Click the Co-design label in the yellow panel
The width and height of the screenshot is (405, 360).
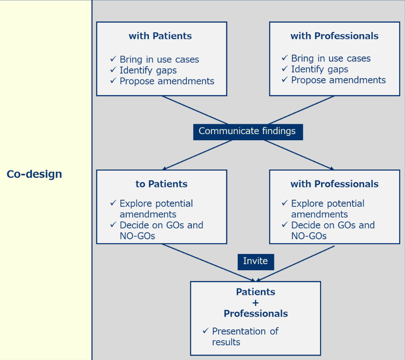pos(34,174)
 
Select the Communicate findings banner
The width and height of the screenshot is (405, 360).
pos(247,131)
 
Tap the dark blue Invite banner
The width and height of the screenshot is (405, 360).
pos(255,261)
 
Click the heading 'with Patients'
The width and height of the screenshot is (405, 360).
pos(160,36)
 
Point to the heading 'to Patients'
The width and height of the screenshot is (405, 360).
pos(161,184)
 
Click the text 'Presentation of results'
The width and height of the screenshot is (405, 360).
pos(245,337)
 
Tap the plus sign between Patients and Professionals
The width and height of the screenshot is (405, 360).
pos(256,303)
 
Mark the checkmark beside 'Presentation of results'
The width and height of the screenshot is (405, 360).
pos(205,331)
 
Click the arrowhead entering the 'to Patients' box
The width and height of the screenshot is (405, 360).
pos(164,168)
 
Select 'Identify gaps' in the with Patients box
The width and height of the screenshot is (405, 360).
pos(148,70)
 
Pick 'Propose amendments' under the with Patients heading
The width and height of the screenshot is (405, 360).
pos(167,81)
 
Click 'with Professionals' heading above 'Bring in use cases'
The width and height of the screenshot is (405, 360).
pos(334,36)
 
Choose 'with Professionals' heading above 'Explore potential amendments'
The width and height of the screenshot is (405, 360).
pos(334,184)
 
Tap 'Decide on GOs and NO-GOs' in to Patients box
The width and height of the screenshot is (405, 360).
pos(161,230)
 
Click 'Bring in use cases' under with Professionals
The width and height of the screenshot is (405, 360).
pos(331,58)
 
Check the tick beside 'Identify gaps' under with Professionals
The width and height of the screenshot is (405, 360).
pos(285,69)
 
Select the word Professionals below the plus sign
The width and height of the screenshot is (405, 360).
pos(256,314)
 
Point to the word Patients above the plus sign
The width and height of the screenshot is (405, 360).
pos(256,292)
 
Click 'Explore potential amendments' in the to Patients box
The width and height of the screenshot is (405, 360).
pos(156,209)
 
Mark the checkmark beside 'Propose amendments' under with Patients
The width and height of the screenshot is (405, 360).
pos(113,81)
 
